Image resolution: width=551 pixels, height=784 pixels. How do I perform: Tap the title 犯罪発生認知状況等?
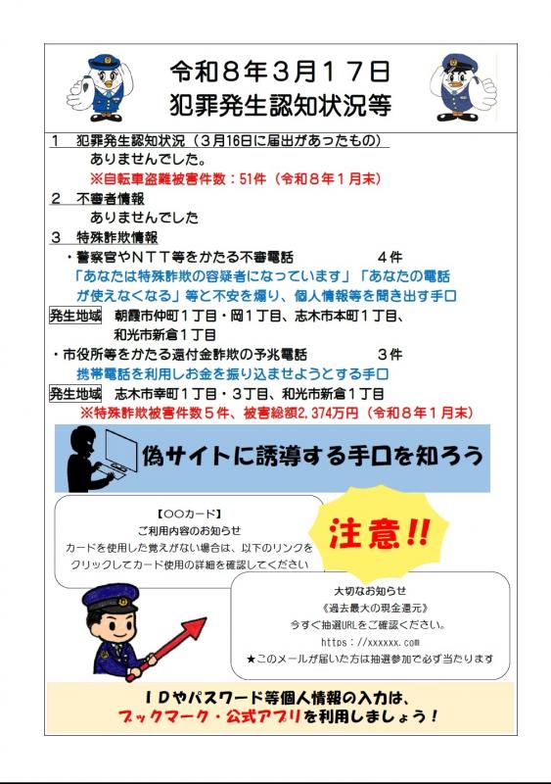tap(279, 103)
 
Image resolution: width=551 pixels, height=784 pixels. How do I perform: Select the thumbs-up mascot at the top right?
tap(462, 86)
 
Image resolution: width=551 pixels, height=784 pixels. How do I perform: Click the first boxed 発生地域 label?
tap(75, 316)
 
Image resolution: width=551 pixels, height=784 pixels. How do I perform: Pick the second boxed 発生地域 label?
tap(75, 393)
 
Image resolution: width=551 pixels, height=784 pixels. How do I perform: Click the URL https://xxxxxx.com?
tap(370, 642)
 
